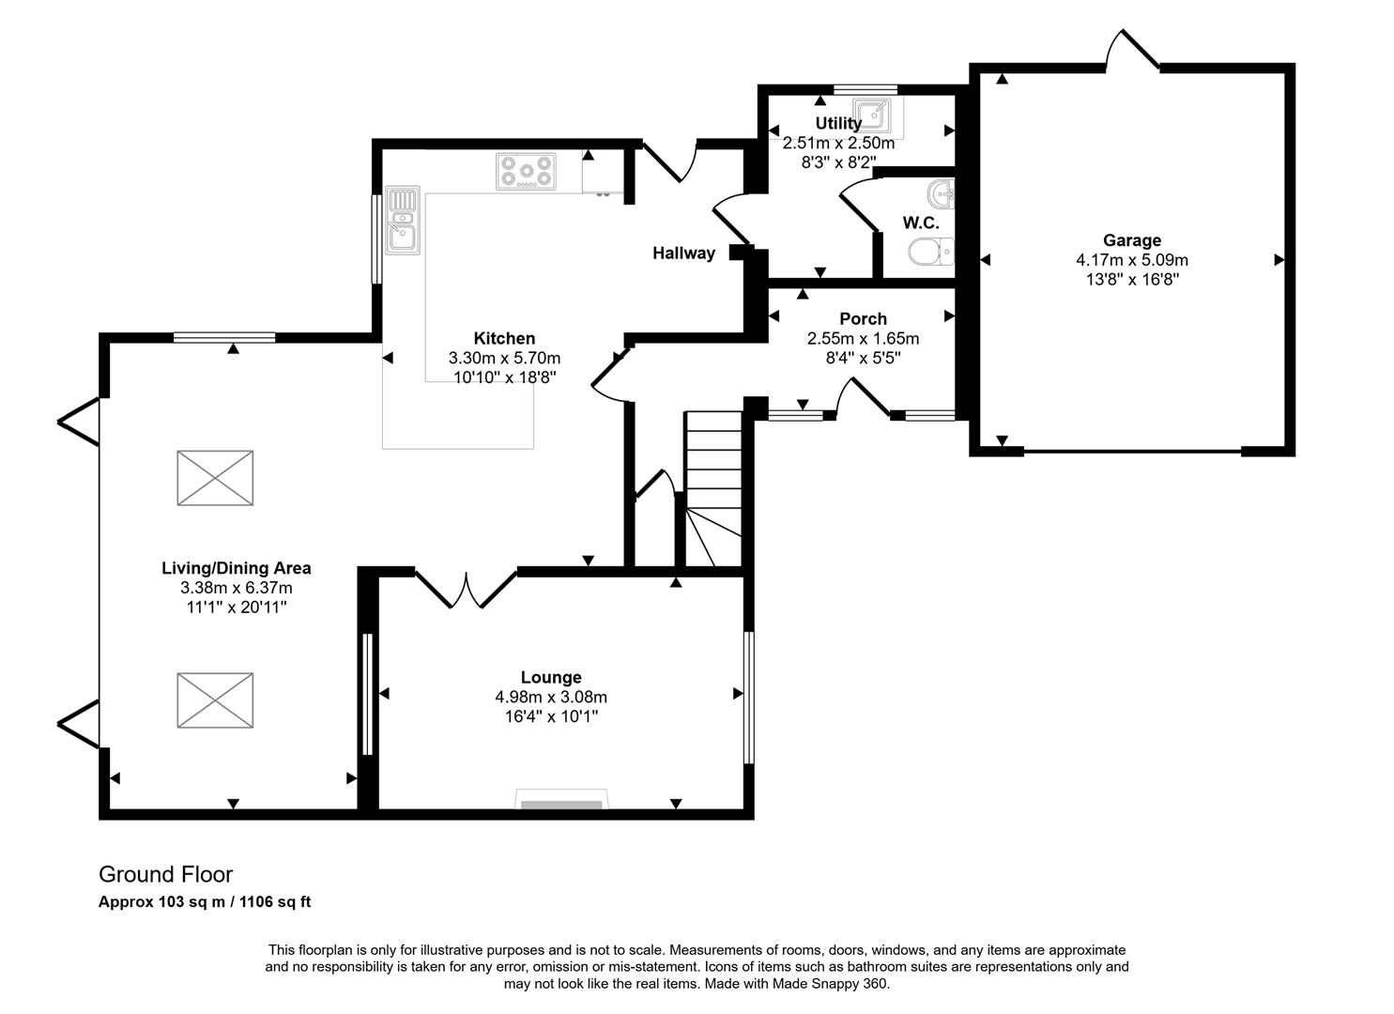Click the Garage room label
pos(1131,240)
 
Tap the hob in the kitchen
pos(526,172)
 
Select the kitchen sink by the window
pos(402,220)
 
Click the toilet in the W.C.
pos(930,251)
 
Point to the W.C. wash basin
pos(941,195)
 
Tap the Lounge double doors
pos(466,589)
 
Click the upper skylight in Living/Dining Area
pos(215,478)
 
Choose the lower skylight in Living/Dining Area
pos(215,699)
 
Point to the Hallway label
pos(683,253)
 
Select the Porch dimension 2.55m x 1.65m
pos(863,339)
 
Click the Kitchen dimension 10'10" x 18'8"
pos(504,377)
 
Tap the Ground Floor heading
pos(166,874)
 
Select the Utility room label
pos(837,124)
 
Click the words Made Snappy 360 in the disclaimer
pos(830,984)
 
